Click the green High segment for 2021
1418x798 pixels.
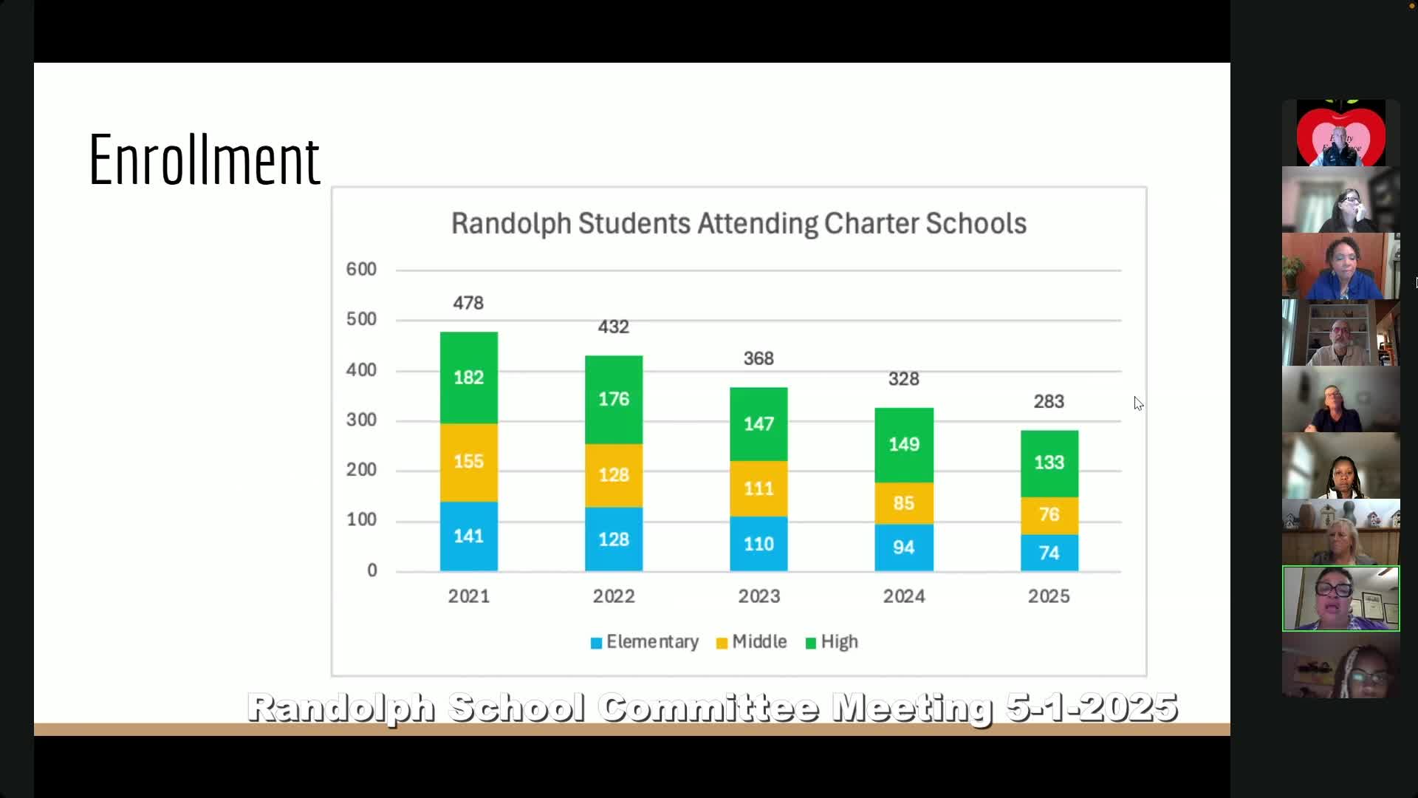point(468,378)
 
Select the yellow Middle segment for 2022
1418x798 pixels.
point(613,475)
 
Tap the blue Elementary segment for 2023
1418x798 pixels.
point(758,544)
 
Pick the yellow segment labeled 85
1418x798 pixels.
point(903,503)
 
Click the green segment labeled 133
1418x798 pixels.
point(1049,463)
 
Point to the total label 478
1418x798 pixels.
point(468,303)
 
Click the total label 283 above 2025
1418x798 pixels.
point(1049,401)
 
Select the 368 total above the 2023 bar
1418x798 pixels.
point(758,358)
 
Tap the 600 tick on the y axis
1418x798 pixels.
point(361,270)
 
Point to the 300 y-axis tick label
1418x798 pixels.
point(361,420)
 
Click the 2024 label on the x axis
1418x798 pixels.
point(903,596)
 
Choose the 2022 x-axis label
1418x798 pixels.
point(613,596)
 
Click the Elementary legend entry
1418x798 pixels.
point(644,642)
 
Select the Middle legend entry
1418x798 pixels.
point(751,642)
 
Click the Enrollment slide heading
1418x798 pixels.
point(204,160)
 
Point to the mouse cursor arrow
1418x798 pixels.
point(1137,403)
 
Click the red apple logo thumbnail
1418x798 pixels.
point(1340,134)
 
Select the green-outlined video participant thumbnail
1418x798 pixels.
point(1340,598)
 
